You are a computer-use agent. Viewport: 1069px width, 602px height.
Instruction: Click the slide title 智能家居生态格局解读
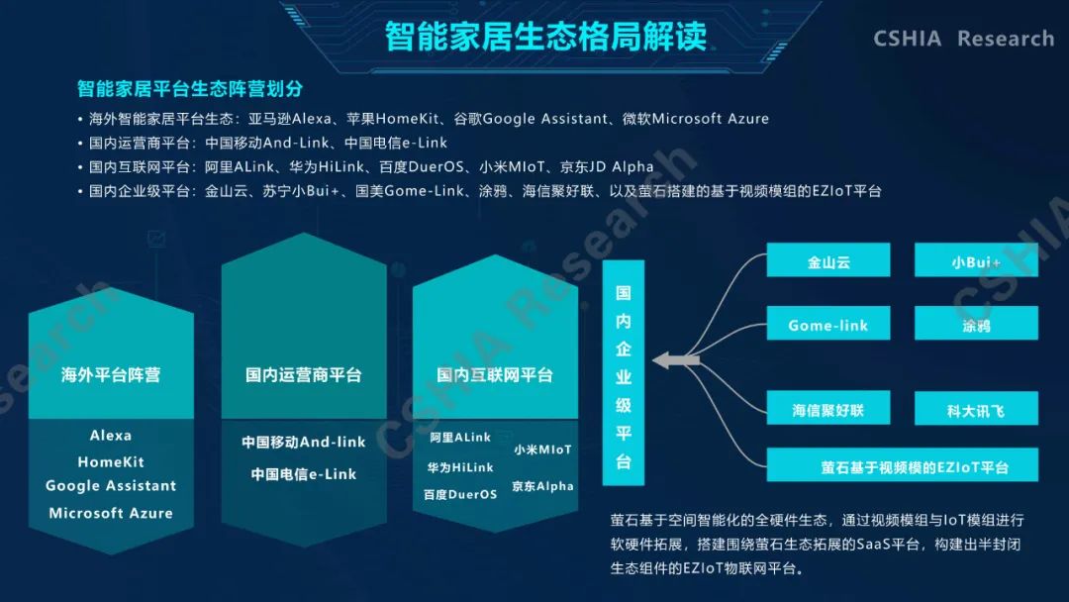[x=545, y=36]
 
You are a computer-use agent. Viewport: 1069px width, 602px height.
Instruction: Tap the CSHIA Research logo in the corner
[x=963, y=39]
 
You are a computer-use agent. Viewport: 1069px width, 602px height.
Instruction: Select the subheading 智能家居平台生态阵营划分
[x=190, y=89]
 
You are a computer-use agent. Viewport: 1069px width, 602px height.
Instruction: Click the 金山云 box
[x=828, y=259]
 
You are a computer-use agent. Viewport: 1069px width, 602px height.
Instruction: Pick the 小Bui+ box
[x=976, y=259]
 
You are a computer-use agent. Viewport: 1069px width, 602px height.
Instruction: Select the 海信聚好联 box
[x=828, y=408]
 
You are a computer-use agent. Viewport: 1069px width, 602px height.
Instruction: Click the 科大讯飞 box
[x=976, y=408]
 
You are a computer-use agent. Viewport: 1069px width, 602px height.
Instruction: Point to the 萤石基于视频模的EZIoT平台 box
[x=902, y=465]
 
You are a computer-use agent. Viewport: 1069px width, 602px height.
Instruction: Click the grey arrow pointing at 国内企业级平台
[x=676, y=360]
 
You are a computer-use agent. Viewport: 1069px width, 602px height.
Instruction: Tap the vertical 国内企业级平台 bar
[x=624, y=373]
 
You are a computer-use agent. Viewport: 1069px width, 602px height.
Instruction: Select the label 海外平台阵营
[x=111, y=374]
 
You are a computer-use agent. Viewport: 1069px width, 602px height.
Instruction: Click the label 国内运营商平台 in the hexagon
[x=304, y=374]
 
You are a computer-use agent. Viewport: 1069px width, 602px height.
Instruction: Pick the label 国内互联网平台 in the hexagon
[x=495, y=374]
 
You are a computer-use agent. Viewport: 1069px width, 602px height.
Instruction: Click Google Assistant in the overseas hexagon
[x=111, y=485]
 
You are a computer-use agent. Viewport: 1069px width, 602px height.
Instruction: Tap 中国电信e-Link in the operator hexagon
[x=304, y=474]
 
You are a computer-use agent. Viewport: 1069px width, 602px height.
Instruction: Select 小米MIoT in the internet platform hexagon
[x=542, y=450]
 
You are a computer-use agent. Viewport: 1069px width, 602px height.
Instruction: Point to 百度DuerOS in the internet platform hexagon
[x=460, y=494]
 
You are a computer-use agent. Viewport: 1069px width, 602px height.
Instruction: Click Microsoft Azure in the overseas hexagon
[x=111, y=513]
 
